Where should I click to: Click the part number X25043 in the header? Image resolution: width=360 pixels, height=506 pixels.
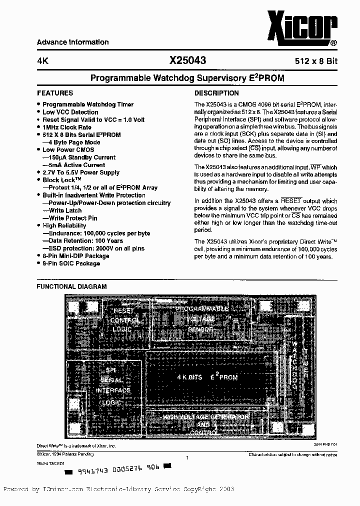[x=187, y=60]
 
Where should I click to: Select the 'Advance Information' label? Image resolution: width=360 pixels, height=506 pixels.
[x=72, y=42]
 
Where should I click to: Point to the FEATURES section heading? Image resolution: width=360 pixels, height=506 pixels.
[x=55, y=93]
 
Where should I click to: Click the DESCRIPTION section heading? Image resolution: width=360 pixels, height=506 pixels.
[x=216, y=93]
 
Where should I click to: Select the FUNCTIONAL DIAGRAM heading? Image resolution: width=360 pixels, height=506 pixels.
[x=72, y=286]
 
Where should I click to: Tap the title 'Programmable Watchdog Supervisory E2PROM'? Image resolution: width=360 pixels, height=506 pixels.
[x=187, y=78]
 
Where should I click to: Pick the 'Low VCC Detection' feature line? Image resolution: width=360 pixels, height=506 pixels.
[x=70, y=112]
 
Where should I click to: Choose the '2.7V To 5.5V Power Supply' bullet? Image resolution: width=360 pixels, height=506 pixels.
[x=80, y=172]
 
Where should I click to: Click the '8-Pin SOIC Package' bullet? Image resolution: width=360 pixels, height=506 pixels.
[x=71, y=263]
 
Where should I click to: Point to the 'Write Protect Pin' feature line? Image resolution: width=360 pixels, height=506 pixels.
[x=72, y=218]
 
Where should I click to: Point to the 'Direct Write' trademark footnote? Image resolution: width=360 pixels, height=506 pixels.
[x=76, y=445]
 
